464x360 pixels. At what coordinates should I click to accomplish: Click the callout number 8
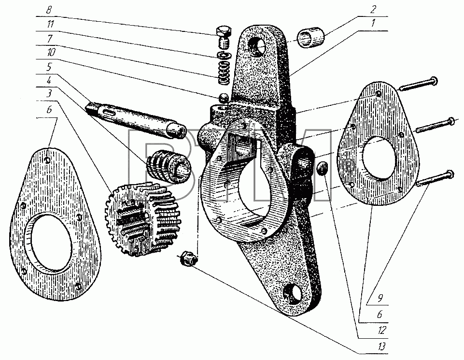49,10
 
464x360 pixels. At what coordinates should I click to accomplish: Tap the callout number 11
50,24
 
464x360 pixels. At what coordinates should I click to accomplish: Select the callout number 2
373,10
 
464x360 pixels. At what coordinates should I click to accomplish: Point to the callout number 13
382,346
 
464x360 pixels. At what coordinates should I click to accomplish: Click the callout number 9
380,298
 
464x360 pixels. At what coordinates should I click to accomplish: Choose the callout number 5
49,67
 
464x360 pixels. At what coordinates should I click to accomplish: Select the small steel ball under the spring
223,98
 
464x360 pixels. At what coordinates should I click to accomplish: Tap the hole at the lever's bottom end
293,293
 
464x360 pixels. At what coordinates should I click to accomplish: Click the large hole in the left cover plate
50,243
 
